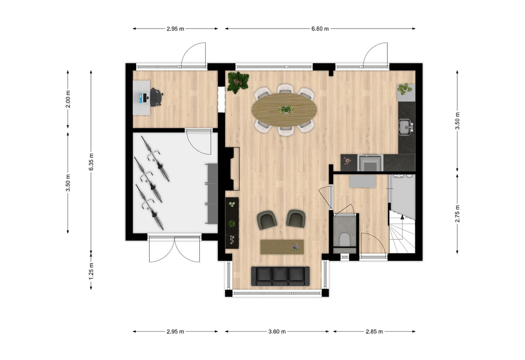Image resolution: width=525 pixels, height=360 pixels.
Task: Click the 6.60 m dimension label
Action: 320,29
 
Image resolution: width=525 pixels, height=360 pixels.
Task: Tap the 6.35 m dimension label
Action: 91,159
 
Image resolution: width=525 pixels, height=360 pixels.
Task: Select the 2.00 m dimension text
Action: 68,100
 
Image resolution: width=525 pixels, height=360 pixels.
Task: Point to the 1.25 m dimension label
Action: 91,270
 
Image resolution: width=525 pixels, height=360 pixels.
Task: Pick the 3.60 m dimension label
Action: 277,332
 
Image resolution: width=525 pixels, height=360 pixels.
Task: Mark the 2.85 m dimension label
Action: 374,332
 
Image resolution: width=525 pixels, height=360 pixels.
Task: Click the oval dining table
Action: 284,109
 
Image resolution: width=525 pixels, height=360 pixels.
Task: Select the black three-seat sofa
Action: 280,276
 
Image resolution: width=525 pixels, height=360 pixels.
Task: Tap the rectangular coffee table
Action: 282,247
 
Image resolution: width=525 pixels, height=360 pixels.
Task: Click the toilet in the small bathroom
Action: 345,240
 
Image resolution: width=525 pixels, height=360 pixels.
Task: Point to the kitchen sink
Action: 404,127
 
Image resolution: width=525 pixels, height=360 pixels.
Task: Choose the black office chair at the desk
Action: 156,97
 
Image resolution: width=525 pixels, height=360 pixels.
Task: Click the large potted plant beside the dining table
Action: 238,82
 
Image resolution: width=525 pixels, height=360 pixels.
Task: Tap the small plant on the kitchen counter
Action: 404,89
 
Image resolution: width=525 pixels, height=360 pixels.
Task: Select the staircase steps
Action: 402,236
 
